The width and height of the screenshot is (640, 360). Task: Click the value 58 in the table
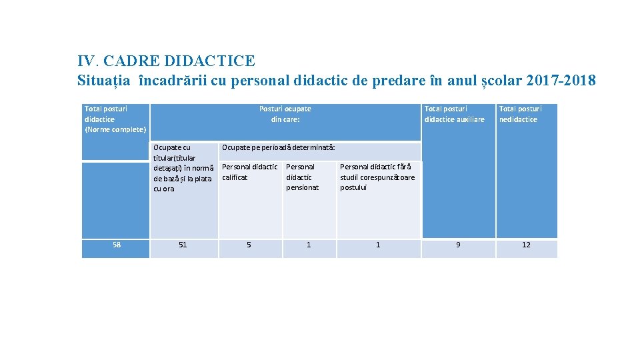coord(117,245)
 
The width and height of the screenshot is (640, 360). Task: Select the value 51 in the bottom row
coord(183,245)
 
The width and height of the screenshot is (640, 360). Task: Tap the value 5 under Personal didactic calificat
coord(249,245)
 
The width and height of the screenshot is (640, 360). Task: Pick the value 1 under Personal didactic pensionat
coord(308,245)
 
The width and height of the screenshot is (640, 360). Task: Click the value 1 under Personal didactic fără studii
coord(378,245)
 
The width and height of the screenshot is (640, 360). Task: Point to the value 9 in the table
coord(457,245)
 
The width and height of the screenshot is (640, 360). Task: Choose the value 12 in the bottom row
coord(526,245)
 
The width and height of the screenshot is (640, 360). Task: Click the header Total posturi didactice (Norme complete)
coord(115,119)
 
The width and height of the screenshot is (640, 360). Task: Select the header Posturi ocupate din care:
coord(285,113)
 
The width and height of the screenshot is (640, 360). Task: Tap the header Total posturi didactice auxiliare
coord(454,113)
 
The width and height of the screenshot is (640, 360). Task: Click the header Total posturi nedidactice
coord(520,113)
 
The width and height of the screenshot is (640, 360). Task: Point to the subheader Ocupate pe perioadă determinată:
coord(278,147)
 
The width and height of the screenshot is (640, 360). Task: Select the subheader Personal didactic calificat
coord(249,172)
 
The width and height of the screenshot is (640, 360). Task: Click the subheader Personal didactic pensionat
coord(302,177)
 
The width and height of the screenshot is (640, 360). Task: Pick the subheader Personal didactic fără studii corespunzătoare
coord(377,177)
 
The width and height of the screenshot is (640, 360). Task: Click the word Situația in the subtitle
coord(105,81)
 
